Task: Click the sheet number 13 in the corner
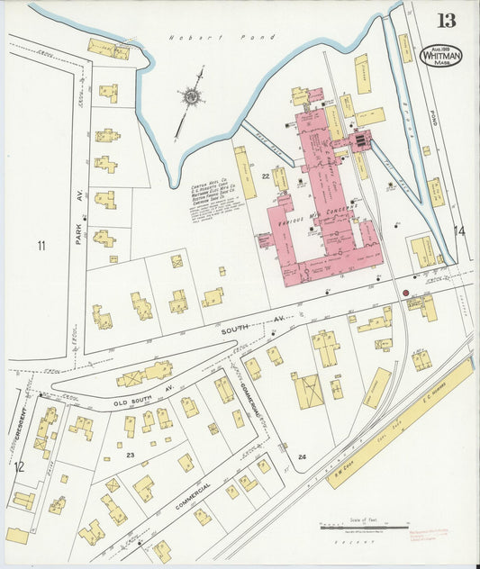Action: point(446,20)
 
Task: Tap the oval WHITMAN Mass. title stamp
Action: point(441,56)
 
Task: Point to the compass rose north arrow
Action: point(191,95)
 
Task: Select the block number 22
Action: point(266,176)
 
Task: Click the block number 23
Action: point(130,455)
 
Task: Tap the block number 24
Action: point(302,457)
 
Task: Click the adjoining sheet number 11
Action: point(41,245)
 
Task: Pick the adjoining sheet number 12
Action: point(18,466)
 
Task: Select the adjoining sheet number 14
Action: point(461,231)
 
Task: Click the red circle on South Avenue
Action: point(405,293)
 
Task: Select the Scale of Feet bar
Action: point(364,526)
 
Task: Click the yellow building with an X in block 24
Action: point(309,391)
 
